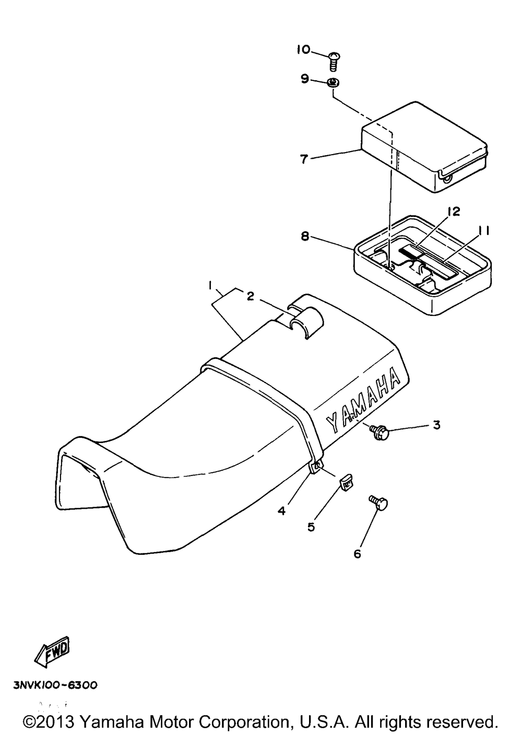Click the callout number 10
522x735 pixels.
click(303, 50)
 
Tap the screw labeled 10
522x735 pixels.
click(334, 61)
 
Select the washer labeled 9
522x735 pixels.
click(332, 83)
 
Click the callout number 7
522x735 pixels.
click(304, 159)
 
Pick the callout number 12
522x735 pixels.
click(453, 212)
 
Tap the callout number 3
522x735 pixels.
click(436, 425)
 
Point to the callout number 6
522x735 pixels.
click(357, 554)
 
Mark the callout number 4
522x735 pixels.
click(282, 510)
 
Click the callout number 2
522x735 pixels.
click(251, 297)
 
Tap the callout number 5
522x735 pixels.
click(311, 527)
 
